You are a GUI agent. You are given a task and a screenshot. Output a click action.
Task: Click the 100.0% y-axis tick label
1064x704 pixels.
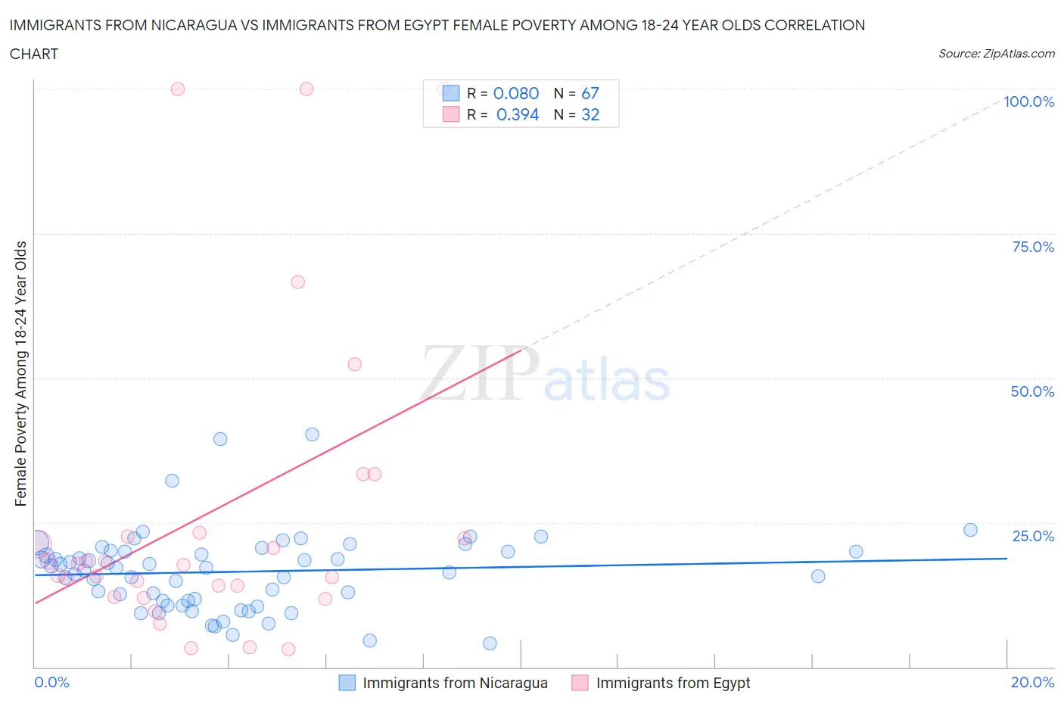1028,101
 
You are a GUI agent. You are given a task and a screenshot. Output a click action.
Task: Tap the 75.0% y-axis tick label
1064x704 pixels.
1033,247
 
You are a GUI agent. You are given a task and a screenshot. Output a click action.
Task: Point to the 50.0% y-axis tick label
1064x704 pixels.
1032,391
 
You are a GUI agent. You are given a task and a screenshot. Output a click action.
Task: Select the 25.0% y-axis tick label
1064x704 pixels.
1033,536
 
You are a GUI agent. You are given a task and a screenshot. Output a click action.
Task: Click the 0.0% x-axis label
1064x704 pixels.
51,682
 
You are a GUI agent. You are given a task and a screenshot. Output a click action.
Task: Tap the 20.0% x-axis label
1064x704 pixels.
1032,682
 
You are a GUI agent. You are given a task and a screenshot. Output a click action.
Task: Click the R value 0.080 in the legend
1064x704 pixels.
516,93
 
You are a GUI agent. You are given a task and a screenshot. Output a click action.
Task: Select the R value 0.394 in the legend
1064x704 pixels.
518,114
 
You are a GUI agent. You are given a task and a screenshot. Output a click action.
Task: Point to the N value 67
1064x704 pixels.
590,93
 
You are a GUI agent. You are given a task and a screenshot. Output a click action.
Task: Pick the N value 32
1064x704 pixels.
590,114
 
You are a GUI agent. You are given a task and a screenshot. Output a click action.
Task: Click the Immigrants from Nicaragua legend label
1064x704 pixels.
455,683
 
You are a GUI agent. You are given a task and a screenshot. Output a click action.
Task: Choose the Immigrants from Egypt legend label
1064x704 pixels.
673,683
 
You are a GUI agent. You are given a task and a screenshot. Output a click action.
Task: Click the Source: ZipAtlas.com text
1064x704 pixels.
996,54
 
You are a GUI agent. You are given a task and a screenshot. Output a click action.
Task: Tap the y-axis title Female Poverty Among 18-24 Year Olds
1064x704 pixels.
20,373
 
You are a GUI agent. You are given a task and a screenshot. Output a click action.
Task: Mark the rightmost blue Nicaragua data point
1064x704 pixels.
970,530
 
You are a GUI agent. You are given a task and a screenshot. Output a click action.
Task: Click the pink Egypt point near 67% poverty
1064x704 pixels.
297,282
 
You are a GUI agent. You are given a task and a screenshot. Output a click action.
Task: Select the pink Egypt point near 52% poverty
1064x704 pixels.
354,364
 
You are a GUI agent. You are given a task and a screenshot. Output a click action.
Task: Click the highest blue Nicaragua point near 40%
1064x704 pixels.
312,435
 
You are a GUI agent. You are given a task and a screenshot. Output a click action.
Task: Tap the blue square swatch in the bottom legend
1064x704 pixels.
347,683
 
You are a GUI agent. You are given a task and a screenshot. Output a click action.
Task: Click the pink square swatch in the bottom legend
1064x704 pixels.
580,683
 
